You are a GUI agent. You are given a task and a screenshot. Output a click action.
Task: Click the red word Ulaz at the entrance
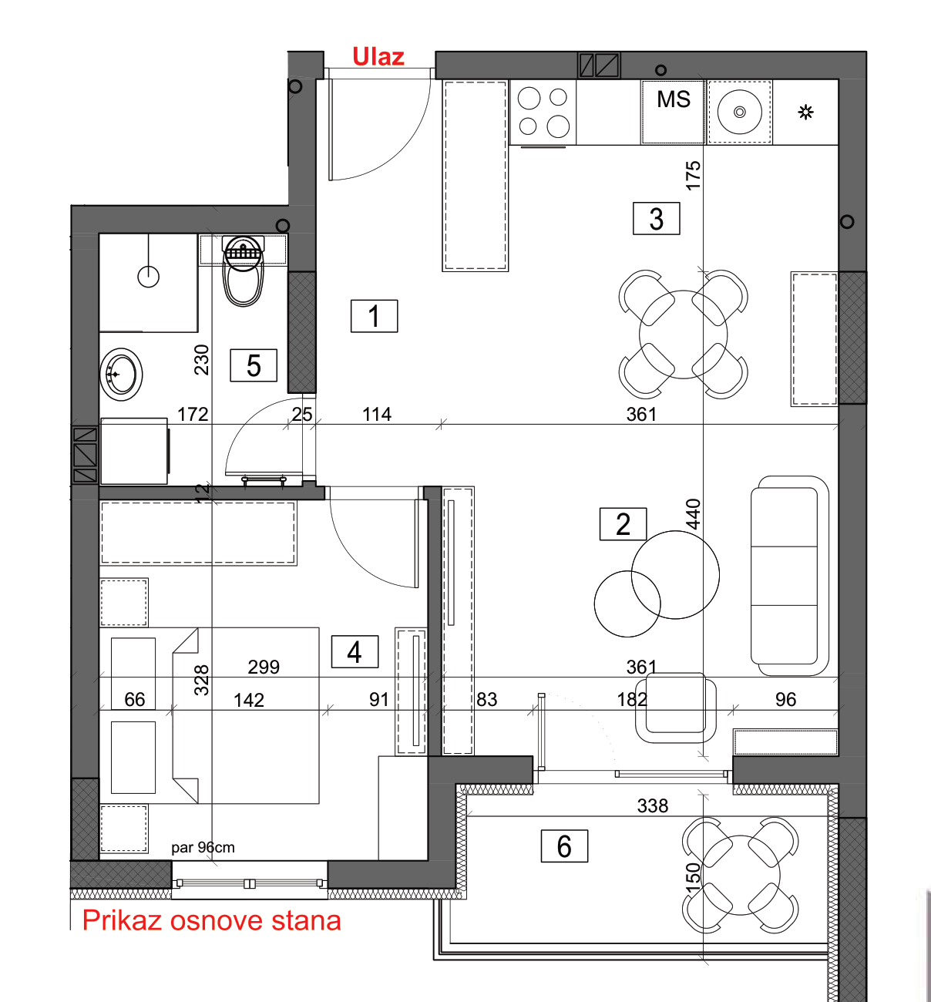(x=378, y=56)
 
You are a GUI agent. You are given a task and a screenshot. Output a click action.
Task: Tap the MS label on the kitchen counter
(x=673, y=99)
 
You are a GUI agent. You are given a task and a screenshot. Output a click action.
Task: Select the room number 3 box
(x=656, y=218)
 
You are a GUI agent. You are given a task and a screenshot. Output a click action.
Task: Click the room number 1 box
(x=374, y=316)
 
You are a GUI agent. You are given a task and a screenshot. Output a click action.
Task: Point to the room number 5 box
(x=254, y=365)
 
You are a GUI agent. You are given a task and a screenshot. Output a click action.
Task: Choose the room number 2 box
(x=623, y=524)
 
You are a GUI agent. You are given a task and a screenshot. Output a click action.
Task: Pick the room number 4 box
(x=355, y=652)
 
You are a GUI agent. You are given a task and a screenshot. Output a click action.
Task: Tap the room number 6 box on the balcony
(x=564, y=846)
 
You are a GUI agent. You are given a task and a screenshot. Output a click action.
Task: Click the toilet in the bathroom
(x=244, y=271)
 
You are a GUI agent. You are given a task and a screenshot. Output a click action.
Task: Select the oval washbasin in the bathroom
(x=121, y=375)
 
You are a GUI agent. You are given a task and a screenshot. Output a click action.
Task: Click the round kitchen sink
(x=739, y=112)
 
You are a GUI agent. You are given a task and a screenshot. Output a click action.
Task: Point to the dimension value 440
(x=694, y=513)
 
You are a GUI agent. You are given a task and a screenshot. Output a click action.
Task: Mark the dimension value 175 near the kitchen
(x=694, y=175)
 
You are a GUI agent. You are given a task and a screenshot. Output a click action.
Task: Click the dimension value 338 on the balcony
(x=653, y=805)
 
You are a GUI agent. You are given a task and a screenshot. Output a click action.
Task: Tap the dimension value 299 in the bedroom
(x=264, y=667)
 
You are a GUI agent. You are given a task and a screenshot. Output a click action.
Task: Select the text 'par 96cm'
(x=203, y=847)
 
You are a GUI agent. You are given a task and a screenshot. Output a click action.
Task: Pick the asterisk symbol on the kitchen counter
(x=806, y=112)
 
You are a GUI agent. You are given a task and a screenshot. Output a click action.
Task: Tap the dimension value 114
(x=377, y=414)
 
